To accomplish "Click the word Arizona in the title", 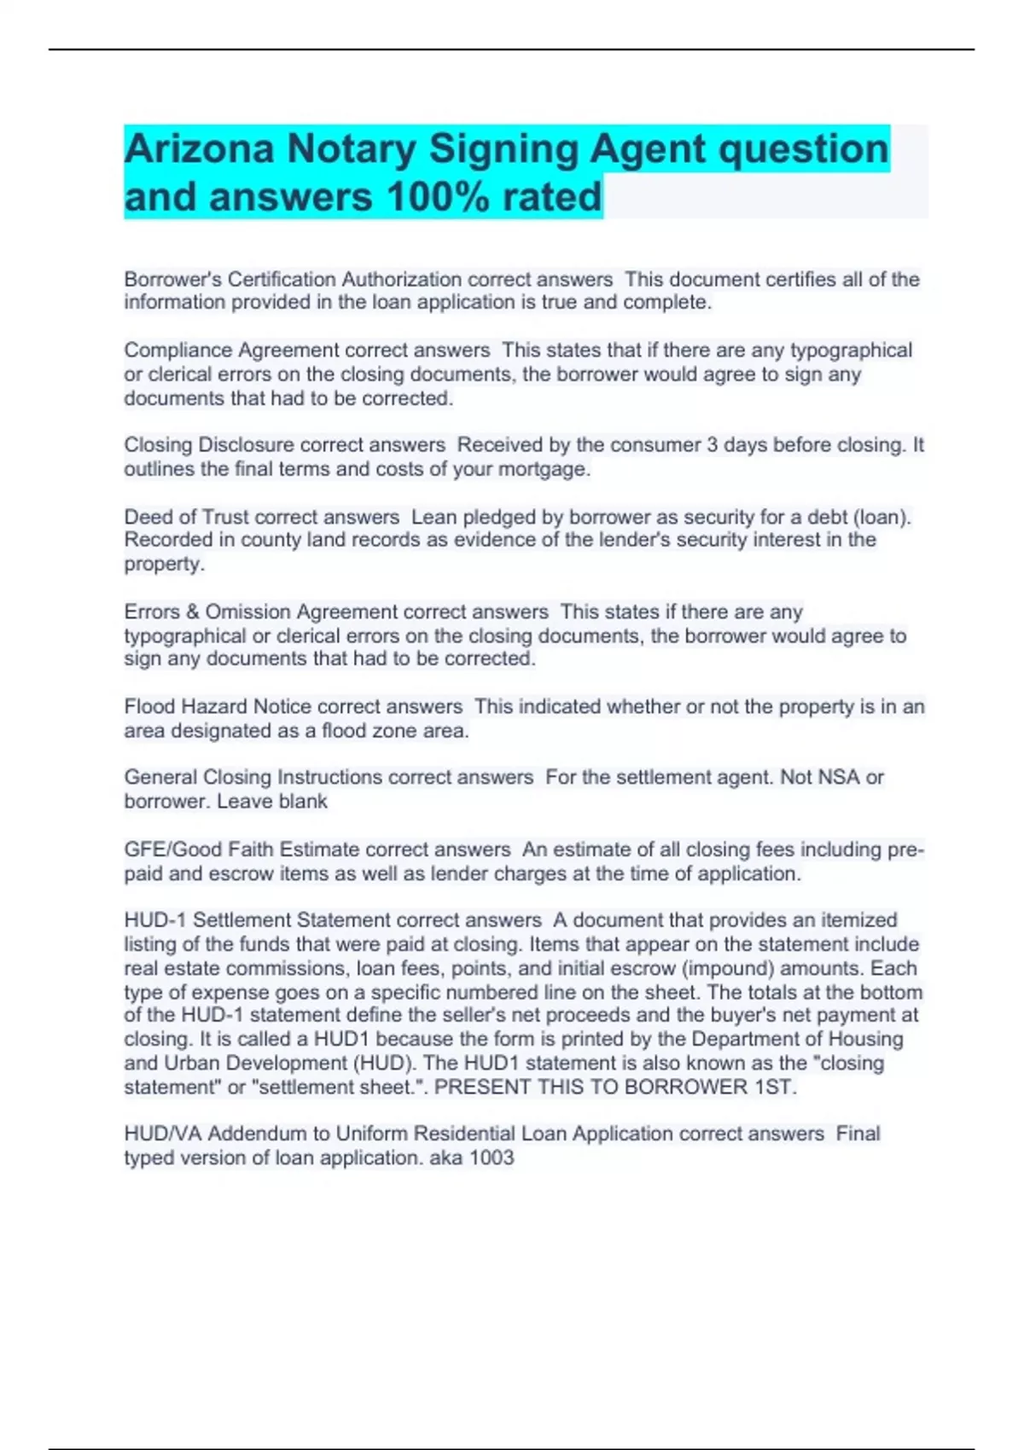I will click(199, 149).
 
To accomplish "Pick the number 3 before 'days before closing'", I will click(711, 445).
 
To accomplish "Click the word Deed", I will click(148, 517).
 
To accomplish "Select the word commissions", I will click(288, 969).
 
